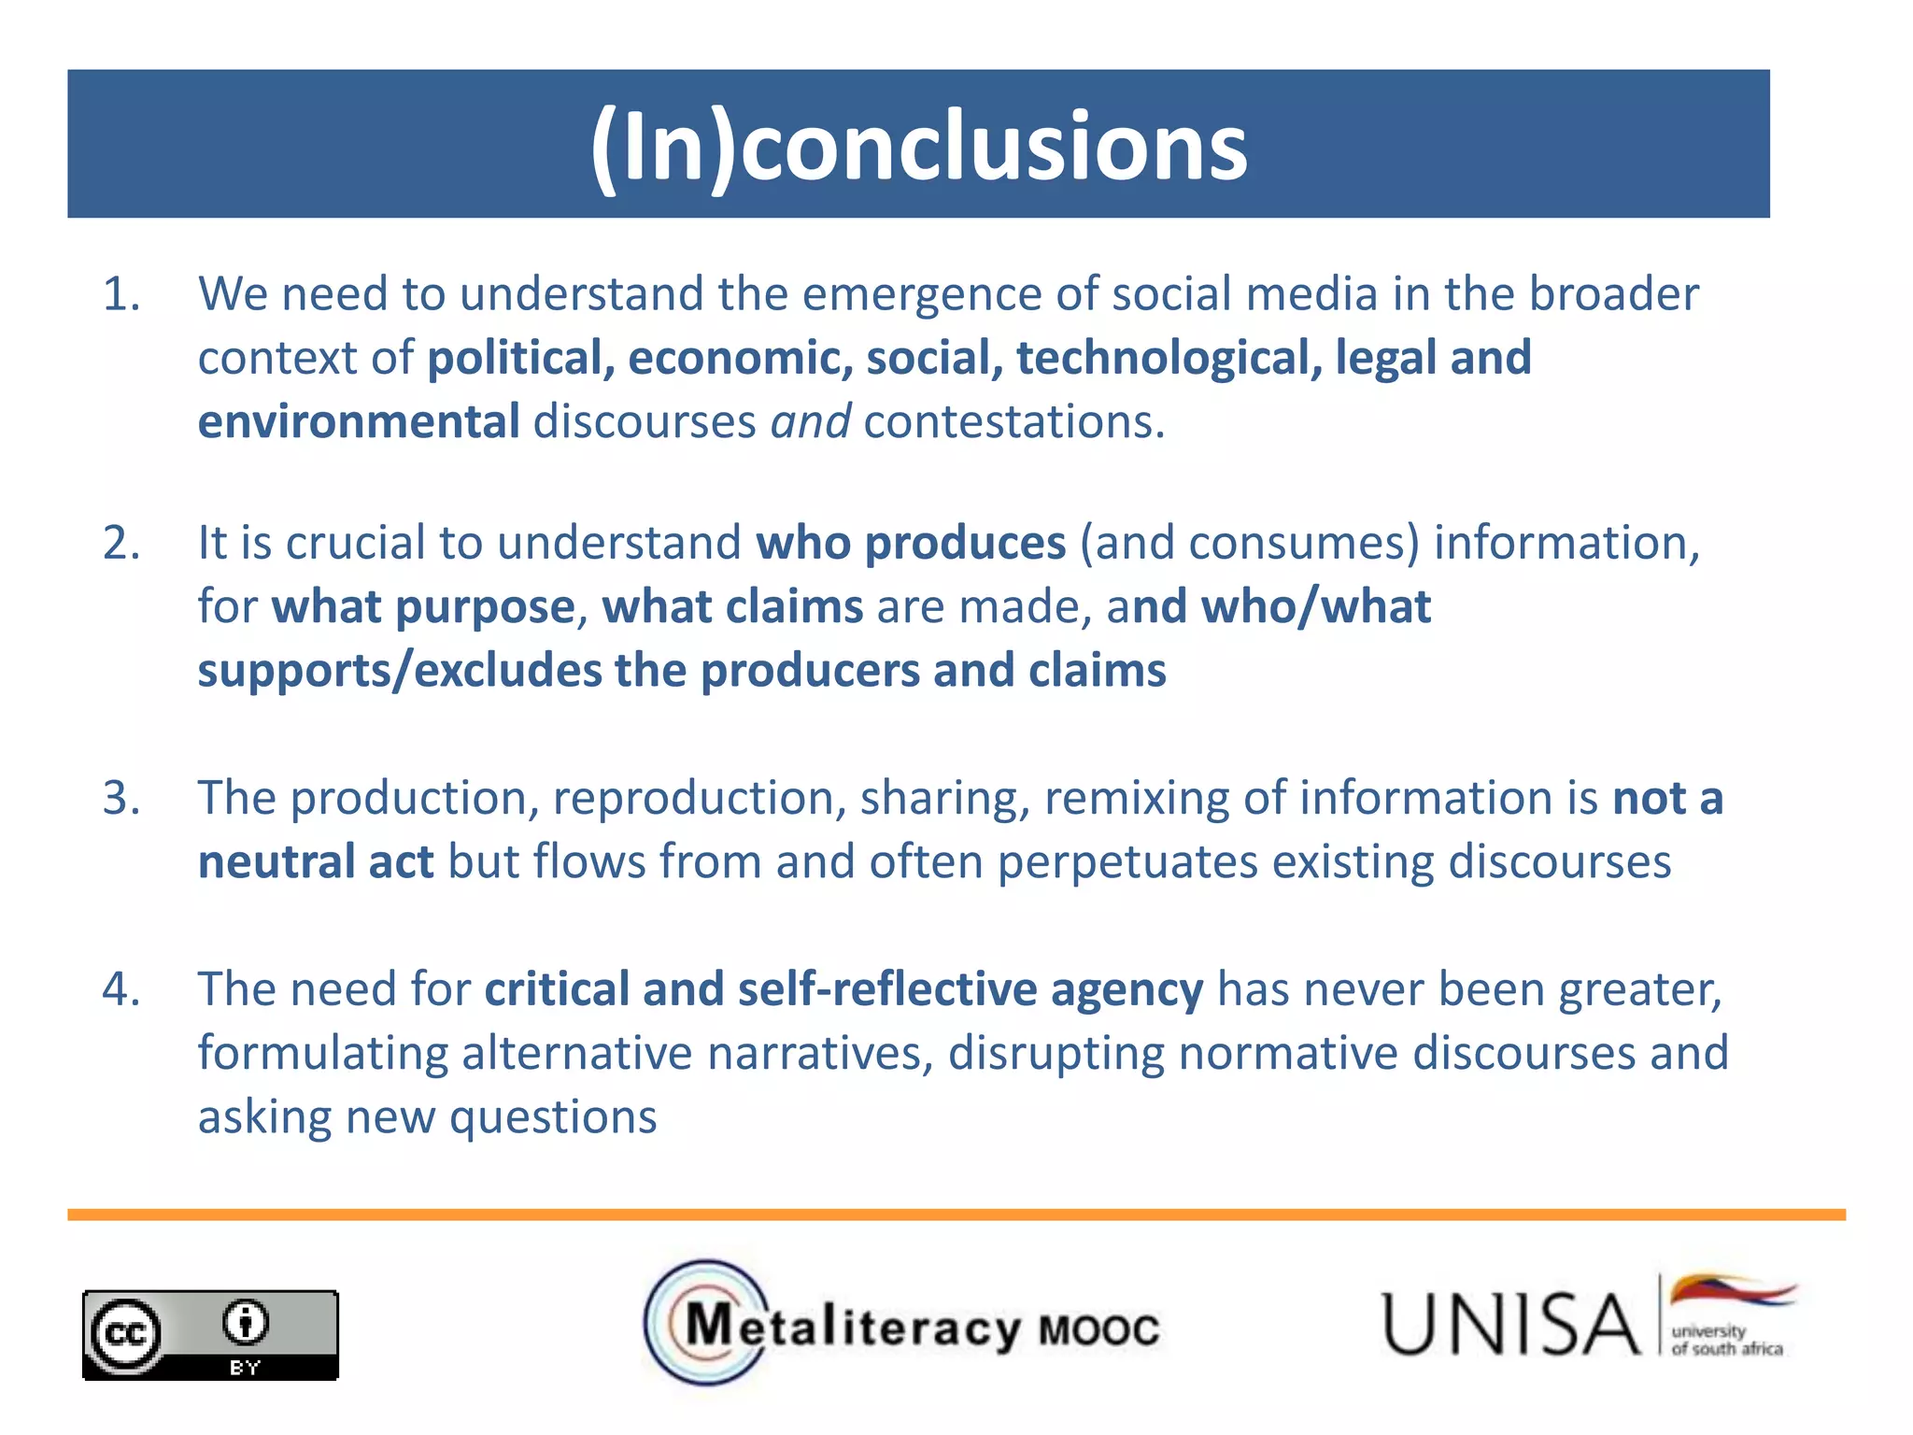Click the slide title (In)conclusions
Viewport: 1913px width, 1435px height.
(x=918, y=146)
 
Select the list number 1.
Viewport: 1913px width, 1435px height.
(x=120, y=294)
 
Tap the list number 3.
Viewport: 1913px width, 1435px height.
(x=120, y=799)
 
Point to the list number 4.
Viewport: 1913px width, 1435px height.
(x=120, y=989)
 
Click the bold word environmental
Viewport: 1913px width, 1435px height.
(x=359, y=421)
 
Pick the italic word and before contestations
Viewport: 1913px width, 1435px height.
(x=810, y=421)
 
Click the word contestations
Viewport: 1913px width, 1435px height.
(x=1013, y=421)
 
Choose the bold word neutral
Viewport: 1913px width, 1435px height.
(x=276, y=861)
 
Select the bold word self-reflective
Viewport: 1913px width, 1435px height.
(x=886, y=989)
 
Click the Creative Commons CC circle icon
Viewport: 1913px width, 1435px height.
(x=125, y=1334)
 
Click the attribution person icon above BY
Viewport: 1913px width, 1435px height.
(x=245, y=1322)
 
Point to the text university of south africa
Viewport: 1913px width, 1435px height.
(x=1726, y=1340)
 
